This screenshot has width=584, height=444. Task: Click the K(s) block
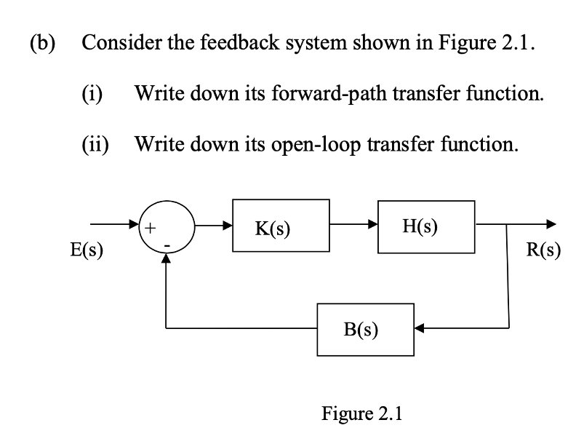coord(281,226)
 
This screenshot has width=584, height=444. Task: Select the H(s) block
coord(426,226)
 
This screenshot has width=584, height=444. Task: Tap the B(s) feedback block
coord(366,329)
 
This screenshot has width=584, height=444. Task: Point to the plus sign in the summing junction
coord(151,227)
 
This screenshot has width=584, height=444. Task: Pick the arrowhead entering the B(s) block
coord(421,328)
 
